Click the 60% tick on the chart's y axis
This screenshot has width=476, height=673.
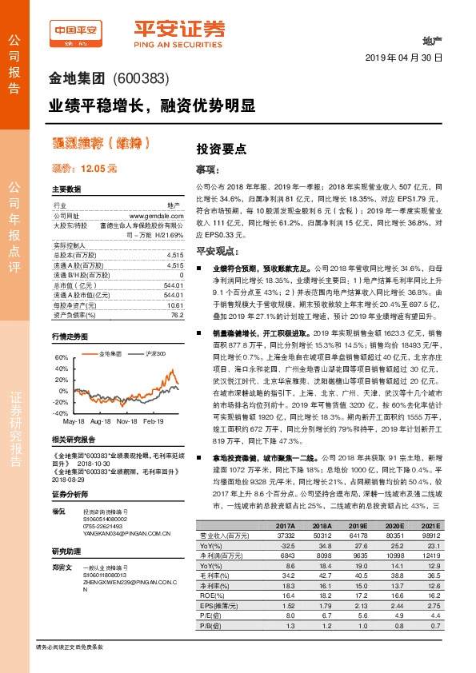(x=61, y=357)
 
